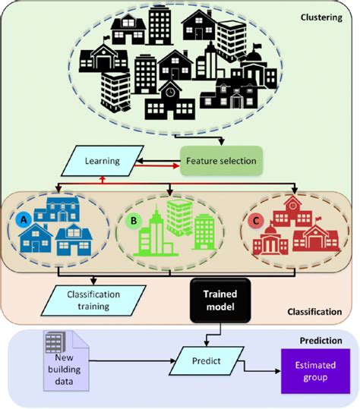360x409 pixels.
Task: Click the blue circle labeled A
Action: [x=26, y=220]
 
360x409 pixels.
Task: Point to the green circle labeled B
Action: [x=135, y=222]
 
